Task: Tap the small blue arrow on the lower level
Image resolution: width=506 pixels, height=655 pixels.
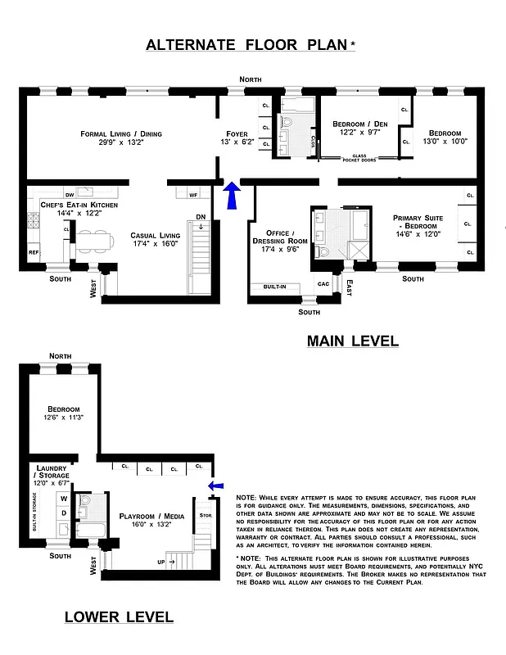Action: (x=215, y=486)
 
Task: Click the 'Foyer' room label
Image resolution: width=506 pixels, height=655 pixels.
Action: (x=237, y=133)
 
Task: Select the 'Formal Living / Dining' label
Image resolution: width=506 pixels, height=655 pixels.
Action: (x=121, y=133)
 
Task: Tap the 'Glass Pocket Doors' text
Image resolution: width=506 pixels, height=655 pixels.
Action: (x=359, y=157)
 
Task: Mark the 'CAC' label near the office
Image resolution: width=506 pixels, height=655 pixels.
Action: (x=323, y=284)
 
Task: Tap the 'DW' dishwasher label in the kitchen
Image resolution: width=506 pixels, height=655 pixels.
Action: (x=70, y=194)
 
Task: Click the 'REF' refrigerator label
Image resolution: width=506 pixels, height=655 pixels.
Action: (x=34, y=252)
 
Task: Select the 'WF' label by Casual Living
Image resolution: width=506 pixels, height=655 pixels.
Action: (x=193, y=195)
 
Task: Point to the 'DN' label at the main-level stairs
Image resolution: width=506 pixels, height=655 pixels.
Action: (x=201, y=216)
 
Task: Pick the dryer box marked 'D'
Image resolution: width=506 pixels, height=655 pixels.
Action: (x=64, y=513)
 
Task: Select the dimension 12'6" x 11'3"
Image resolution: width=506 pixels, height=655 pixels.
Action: (x=63, y=418)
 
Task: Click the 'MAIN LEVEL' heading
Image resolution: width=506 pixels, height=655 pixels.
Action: (x=352, y=340)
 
